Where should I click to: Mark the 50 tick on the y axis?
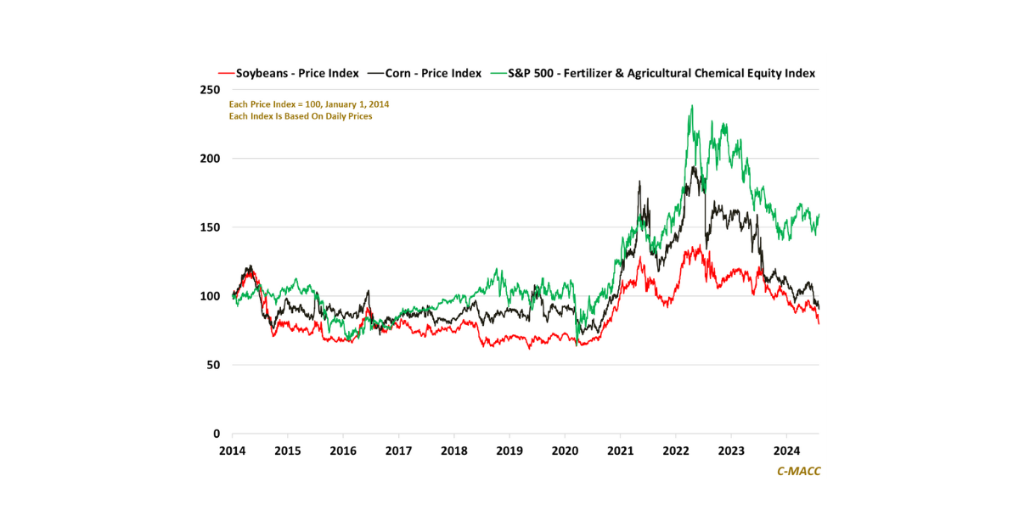click(x=212, y=365)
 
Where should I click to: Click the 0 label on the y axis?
click(x=216, y=434)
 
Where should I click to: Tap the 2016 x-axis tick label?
click(x=343, y=450)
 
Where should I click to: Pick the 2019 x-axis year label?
click(x=509, y=450)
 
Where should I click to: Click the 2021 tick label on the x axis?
click(x=621, y=450)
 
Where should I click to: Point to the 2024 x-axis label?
click(x=787, y=450)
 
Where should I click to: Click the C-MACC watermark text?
click(x=798, y=471)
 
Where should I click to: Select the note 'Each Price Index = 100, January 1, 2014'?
click(x=309, y=104)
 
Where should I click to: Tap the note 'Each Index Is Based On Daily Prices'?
click(x=301, y=116)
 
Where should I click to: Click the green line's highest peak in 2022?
click(x=692, y=106)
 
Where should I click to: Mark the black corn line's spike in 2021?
click(x=639, y=182)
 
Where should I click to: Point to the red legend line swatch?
click(x=226, y=74)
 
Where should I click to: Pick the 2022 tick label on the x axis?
click(x=676, y=450)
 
